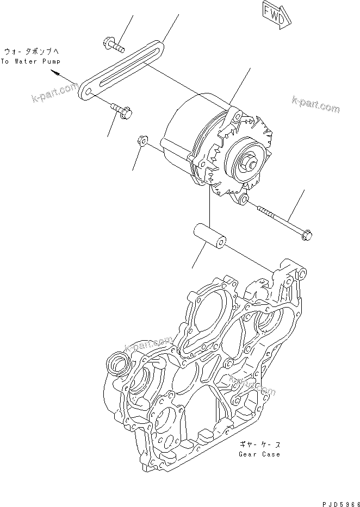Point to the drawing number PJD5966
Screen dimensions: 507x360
point(336,500)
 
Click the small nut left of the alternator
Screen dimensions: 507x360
point(140,141)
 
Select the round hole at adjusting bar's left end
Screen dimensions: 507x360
point(85,91)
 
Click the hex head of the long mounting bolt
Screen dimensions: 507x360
point(306,235)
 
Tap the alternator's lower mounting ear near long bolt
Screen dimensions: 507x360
point(242,201)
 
